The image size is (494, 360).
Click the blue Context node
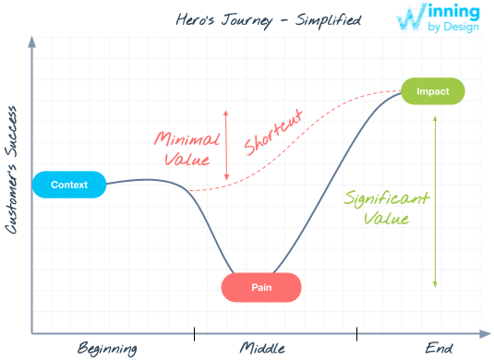(69, 185)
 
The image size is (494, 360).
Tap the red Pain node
(261, 288)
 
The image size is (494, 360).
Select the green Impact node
(432, 91)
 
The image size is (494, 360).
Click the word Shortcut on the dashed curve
(273, 134)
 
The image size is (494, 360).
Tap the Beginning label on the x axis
(107, 348)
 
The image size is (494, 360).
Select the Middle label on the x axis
(262, 348)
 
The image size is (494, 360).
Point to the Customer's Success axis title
(12, 170)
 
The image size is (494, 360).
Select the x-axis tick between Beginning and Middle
(194, 332)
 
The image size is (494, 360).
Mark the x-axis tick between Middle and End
(356, 332)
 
